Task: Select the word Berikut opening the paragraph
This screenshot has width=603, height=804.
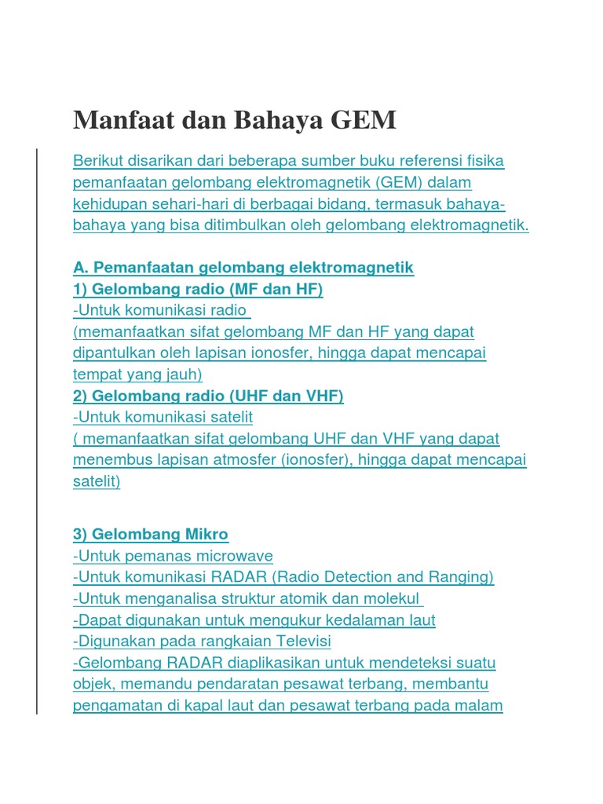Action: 99,161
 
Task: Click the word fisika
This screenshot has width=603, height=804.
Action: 483,161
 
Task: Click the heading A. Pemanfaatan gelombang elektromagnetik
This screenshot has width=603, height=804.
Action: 243,268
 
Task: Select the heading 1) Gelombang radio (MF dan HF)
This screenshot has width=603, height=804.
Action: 198,289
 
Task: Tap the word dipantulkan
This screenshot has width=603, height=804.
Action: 114,353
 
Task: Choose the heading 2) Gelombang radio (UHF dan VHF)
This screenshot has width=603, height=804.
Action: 208,396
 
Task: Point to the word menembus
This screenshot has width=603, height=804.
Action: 106,460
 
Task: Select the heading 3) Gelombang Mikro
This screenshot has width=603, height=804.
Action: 151,535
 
